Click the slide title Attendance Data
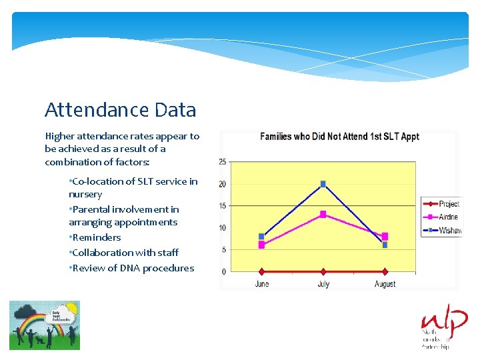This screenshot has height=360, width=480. [120, 109]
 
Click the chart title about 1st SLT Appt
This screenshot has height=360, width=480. [339, 137]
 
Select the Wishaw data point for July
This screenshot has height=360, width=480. [323, 184]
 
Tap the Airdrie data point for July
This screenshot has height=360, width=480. [323, 214]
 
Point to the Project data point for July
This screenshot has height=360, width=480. [323, 271]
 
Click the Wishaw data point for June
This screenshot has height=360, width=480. [262, 236]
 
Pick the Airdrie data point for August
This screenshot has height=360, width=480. [385, 236]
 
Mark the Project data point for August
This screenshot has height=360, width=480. [385, 271]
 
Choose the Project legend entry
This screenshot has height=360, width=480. [441, 204]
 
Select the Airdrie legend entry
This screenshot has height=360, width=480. [441, 217]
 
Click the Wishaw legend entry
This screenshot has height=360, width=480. [441, 231]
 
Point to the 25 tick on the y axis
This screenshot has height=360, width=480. [223, 162]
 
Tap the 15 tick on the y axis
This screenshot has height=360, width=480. [223, 206]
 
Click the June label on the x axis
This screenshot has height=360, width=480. [262, 284]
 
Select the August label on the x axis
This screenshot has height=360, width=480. [385, 284]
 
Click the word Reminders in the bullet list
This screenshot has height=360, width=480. [97, 237]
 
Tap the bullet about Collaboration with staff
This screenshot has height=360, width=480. [125, 253]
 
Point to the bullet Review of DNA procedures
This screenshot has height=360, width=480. [132, 268]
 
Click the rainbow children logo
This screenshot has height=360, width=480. [44, 325]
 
